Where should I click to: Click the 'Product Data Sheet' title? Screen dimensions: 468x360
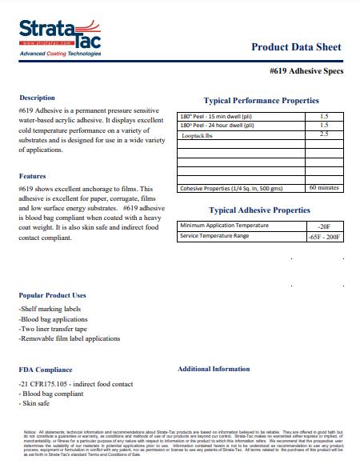click(x=296, y=47)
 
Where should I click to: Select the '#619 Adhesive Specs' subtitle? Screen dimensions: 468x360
click(x=306, y=71)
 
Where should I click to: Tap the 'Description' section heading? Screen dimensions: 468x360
click(x=37, y=98)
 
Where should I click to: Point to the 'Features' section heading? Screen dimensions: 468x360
click(x=32, y=176)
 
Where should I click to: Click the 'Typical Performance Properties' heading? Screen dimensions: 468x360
click(x=262, y=101)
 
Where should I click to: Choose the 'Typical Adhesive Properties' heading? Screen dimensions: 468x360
click(x=259, y=210)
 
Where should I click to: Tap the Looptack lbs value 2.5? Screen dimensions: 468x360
click(x=324, y=134)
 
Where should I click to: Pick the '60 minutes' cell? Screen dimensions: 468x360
click(x=324, y=188)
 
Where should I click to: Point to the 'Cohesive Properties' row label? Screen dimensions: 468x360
click(x=232, y=189)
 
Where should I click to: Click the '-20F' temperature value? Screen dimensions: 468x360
click(x=324, y=227)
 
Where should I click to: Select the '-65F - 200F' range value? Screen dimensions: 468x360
click(x=324, y=237)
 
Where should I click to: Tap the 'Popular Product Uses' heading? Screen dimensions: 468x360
click(x=53, y=295)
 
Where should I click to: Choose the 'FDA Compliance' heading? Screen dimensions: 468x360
click(x=46, y=370)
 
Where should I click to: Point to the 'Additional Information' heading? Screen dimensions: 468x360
click(x=214, y=369)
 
